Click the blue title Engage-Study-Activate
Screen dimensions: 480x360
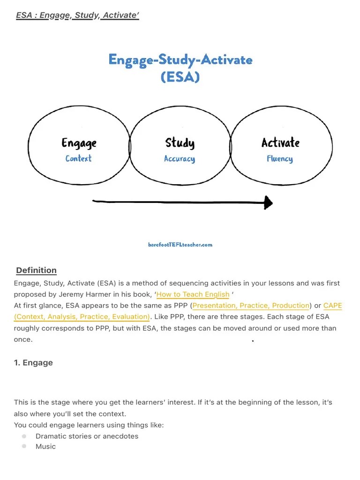(x=180, y=60)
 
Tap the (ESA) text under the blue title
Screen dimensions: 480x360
(x=180, y=76)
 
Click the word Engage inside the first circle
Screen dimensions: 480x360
(x=79, y=143)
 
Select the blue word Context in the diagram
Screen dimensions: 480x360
(x=79, y=158)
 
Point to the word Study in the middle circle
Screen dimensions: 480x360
(x=180, y=143)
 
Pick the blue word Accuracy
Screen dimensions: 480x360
(x=180, y=159)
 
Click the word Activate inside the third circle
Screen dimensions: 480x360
(x=280, y=142)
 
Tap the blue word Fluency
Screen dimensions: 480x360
(x=280, y=158)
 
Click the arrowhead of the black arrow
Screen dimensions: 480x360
(x=268, y=202)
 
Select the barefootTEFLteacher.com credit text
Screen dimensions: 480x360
(x=180, y=244)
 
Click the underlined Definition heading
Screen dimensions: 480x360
(x=36, y=270)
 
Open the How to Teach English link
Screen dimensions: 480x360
(x=193, y=294)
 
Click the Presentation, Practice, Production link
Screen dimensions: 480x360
(x=251, y=306)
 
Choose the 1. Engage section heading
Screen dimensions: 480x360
(x=33, y=363)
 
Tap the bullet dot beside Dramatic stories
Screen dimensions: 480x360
(x=24, y=436)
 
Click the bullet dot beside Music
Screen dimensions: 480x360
(x=24, y=446)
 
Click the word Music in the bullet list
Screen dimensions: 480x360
(x=45, y=446)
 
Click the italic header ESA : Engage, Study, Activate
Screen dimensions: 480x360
(x=77, y=15)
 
